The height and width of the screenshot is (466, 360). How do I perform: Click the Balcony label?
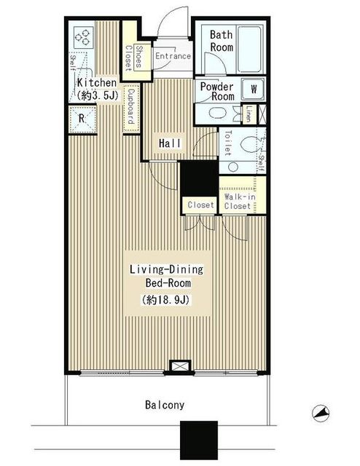pos(165,405)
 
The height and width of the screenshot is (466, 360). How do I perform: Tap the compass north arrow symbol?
pos(321,413)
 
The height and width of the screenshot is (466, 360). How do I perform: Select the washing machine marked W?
pos(253,89)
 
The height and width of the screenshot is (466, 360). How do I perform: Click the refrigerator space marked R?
pos(82,119)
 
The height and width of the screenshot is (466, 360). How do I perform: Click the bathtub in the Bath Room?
pos(250,49)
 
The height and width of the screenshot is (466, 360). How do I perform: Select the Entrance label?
pos(173,56)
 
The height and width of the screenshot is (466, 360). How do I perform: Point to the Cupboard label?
pos(131,107)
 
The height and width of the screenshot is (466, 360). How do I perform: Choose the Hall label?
pos(170,143)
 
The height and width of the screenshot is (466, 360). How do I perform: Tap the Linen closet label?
pos(249,114)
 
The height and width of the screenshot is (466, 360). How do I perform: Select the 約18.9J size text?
pos(165,299)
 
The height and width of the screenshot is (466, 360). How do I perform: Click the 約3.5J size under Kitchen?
pos(98,95)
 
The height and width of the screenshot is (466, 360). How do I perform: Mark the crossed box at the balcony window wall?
pos(180,366)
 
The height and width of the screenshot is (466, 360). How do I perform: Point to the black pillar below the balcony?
pos(199,441)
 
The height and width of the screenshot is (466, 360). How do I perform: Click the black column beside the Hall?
pos(200,179)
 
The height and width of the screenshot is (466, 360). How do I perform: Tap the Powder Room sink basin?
pos(217,113)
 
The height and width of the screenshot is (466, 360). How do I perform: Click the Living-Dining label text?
pos(167,269)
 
